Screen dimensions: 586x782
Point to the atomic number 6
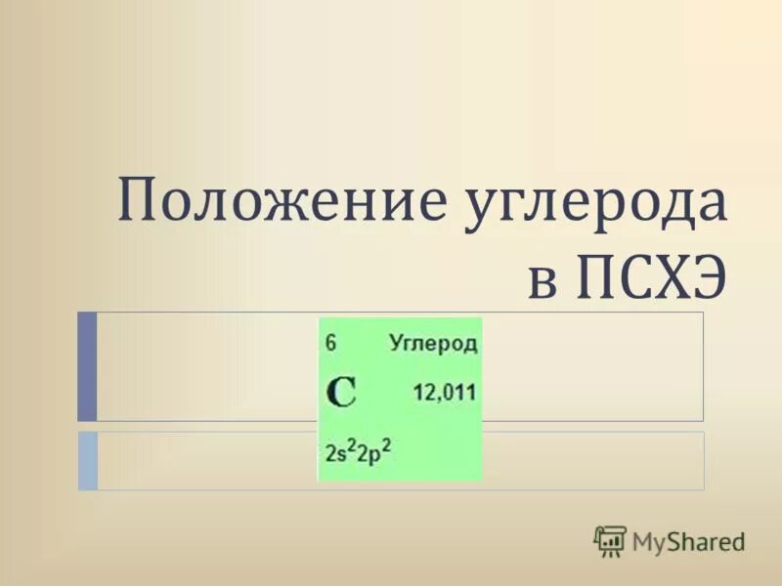click(331, 343)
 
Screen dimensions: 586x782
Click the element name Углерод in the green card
click(433, 343)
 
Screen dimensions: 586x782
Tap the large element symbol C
click(341, 393)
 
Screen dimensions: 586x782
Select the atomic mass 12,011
click(444, 393)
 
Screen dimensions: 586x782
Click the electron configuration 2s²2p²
click(358, 453)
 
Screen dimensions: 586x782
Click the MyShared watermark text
click(687, 540)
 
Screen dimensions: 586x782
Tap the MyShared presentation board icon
click(610, 540)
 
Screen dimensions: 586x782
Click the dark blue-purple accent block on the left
click(87, 365)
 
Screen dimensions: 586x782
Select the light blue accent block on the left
click(87, 460)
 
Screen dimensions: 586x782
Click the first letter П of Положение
click(139, 203)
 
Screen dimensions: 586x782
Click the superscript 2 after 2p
click(386, 444)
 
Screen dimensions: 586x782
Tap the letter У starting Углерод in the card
click(397, 343)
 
